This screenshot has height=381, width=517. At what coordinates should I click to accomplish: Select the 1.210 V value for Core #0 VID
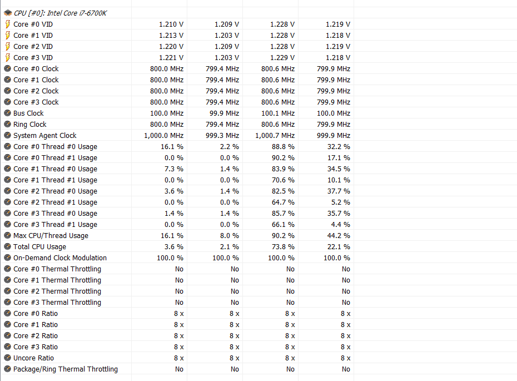pos(171,24)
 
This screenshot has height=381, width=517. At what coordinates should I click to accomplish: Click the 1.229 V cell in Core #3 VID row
pos(282,57)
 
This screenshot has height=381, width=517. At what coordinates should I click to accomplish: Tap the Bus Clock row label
pos(28,113)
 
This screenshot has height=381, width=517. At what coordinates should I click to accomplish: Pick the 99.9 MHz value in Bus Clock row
pos(225,113)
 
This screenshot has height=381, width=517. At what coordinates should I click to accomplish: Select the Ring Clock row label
pos(30,124)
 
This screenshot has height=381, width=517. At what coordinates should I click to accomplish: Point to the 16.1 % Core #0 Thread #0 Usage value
pos(172,146)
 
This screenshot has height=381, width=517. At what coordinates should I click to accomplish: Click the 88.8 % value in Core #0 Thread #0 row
pos(284,146)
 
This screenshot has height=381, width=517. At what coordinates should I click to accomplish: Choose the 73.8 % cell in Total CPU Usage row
pos(284,246)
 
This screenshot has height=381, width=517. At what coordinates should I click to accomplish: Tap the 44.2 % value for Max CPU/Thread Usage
pos(339,235)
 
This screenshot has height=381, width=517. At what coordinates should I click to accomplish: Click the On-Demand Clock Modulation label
pos(60,258)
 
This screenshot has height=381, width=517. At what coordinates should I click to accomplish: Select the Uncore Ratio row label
pos(33,358)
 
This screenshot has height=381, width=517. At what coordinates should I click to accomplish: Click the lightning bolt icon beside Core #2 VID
pos(8,46)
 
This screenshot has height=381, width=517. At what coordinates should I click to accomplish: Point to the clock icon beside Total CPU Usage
pos(8,246)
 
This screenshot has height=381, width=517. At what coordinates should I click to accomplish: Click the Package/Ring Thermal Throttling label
pos(66,369)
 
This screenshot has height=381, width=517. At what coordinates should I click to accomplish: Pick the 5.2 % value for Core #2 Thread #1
pos(341,202)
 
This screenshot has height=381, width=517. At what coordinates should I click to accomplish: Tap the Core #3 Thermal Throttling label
pos(57,302)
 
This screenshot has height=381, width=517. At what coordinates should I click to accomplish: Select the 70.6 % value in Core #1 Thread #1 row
pos(284,180)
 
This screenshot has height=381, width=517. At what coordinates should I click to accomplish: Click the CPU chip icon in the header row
pos(8,13)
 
